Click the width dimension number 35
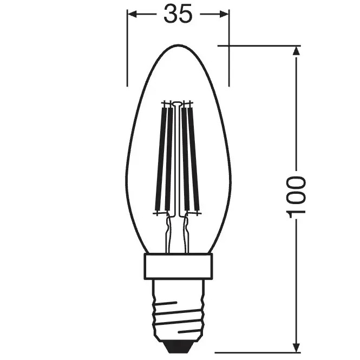(178, 14)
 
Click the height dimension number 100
(296, 197)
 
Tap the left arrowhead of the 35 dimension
(132, 14)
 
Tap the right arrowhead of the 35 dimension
(224, 14)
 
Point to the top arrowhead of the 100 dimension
(296, 51)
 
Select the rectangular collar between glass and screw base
(178, 266)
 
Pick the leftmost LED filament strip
(161, 159)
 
